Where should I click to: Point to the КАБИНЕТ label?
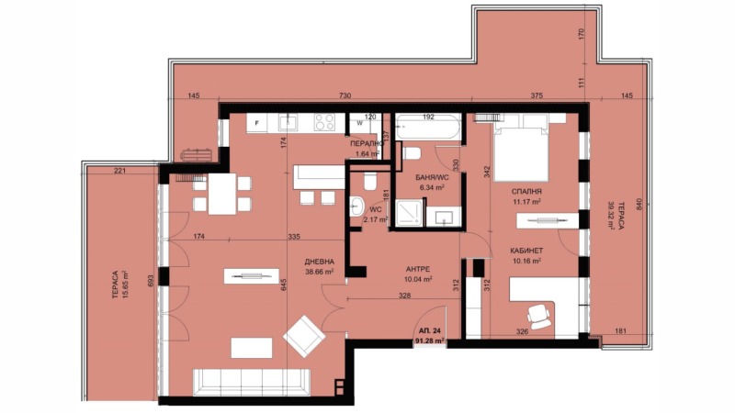[x=526, y=249]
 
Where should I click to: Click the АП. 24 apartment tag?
[x=429, y=329]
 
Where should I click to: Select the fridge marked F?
[x=259, y=122]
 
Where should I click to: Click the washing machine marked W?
[x=360, y=123]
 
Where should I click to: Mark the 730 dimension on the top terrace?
[x=345, y=96]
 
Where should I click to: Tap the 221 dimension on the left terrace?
[x=119, y=170]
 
